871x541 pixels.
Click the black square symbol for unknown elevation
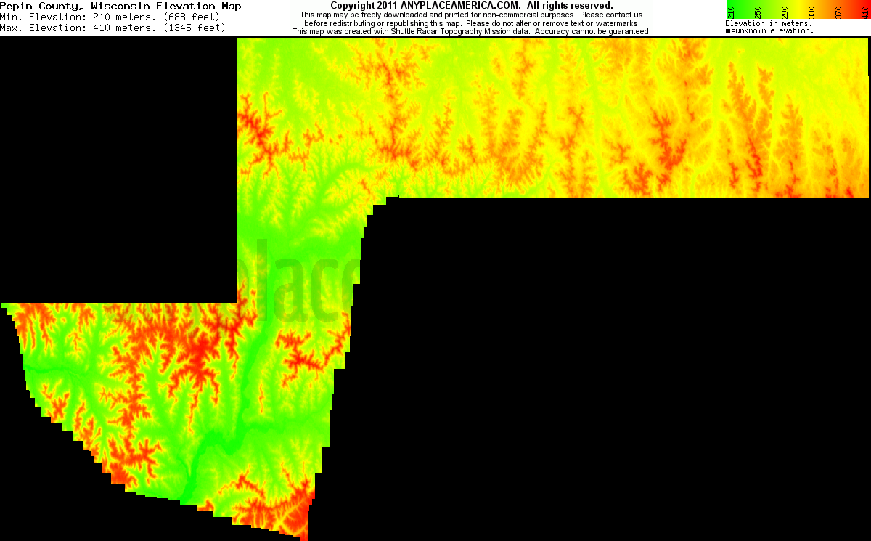tap(729, 31)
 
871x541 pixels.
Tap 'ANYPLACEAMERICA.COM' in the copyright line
tap(459, 6)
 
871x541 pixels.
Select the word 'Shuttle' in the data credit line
tap(425, 32)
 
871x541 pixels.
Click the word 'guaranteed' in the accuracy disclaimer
tap(627, 32)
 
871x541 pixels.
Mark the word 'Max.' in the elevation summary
tap(12, 28)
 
